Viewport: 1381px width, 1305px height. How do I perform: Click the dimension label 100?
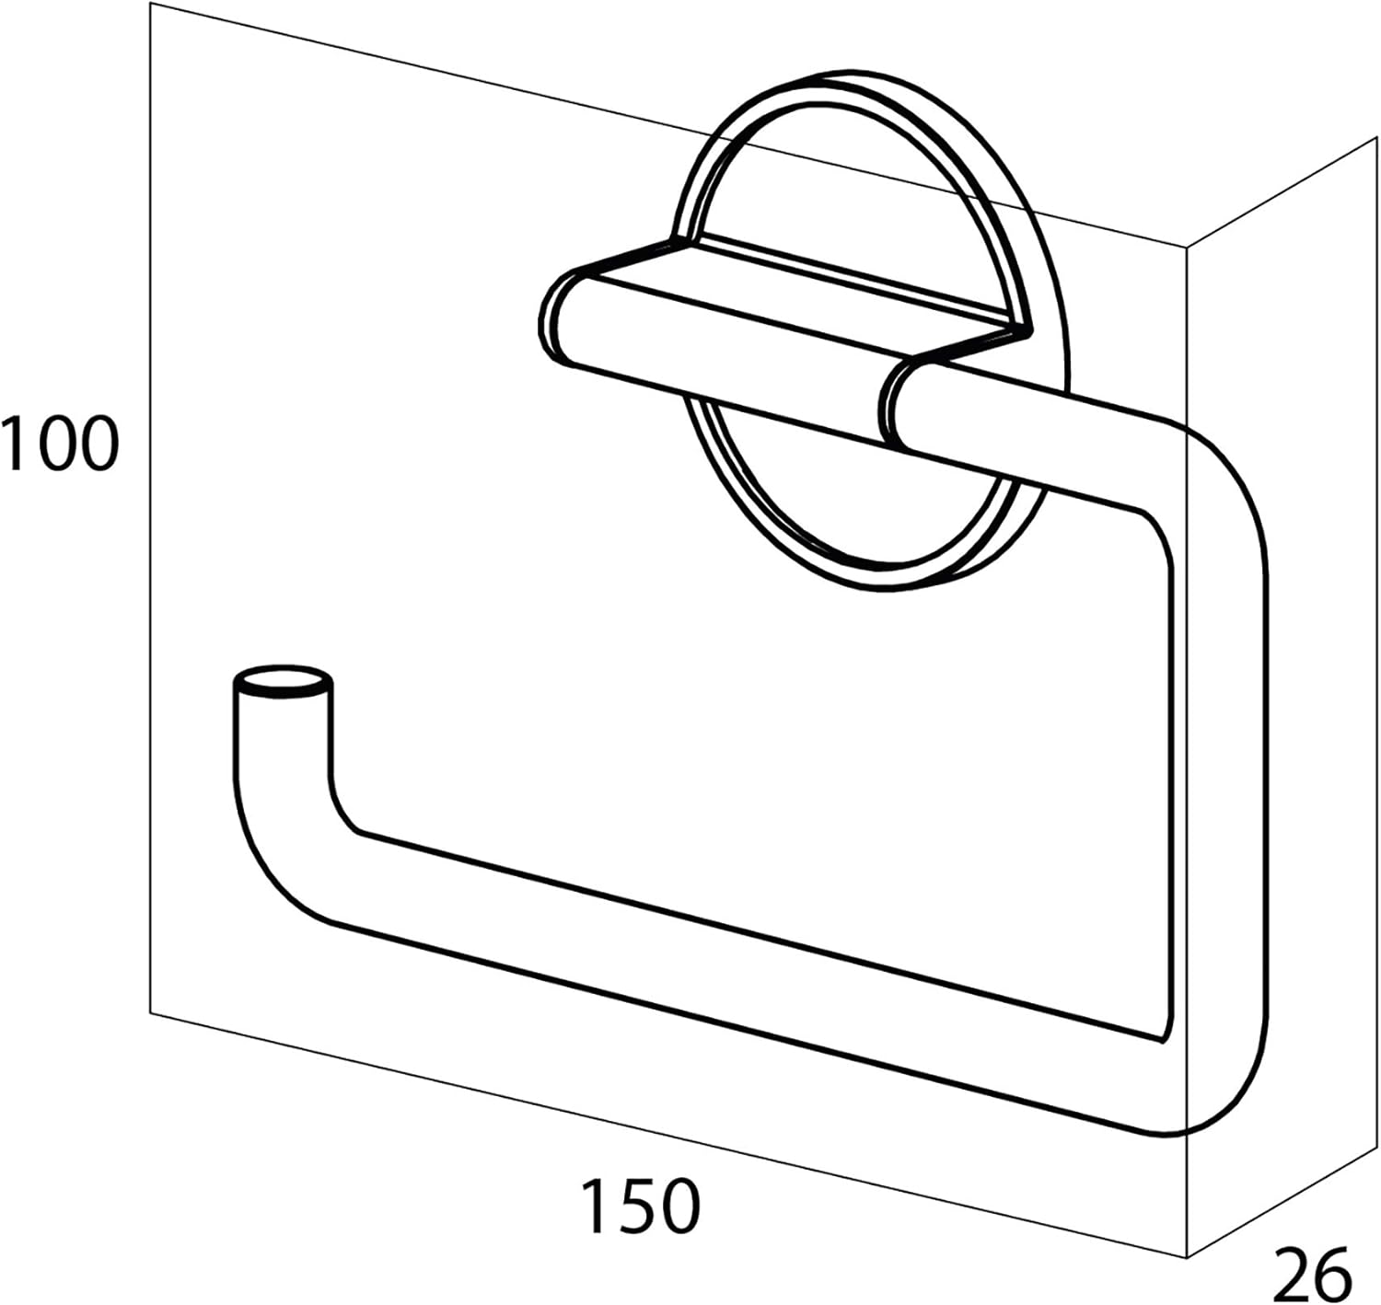[x=60, y=444]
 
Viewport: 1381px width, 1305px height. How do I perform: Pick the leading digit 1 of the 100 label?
[x=14, y=444]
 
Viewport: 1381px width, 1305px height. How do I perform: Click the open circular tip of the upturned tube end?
[x=283, y=680]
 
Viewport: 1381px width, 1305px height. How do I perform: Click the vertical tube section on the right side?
[x=1220, y=793]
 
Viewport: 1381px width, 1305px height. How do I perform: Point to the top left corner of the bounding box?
[x=150, y=3]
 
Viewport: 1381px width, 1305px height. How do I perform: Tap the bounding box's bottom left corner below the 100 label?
[x=150, y=1013]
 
